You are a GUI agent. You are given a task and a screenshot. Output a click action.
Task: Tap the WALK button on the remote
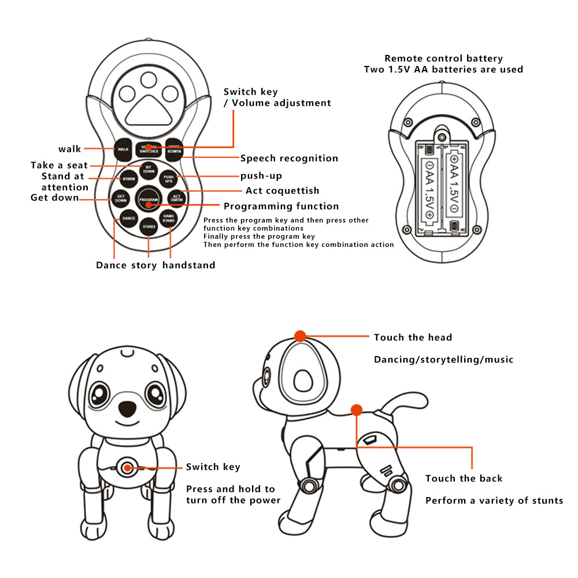tap(123, 149)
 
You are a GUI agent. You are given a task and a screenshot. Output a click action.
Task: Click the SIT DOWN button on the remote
tap(149, 170)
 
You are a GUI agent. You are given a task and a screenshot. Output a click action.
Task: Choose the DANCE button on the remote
tap(128, 218)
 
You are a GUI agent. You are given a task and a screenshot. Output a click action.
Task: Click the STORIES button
tap(149, 227)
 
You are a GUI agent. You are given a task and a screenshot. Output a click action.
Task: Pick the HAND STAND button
tap(168, 218)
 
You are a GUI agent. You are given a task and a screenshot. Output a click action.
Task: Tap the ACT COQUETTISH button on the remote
tap(177, 198)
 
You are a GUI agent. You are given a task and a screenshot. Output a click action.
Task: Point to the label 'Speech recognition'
tap(289, 158)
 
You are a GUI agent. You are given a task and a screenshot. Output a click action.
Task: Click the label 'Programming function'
tap(281, 206)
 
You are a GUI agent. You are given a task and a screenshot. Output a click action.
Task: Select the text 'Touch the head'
tap(413, 338)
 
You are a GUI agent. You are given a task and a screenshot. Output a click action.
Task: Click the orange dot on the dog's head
tap(300, 336)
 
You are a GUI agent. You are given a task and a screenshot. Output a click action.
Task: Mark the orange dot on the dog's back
tap(356, 410)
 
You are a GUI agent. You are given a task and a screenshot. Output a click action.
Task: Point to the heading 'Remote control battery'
tap(443, 58)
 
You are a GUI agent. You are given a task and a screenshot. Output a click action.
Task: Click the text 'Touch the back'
tap(464, 479)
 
